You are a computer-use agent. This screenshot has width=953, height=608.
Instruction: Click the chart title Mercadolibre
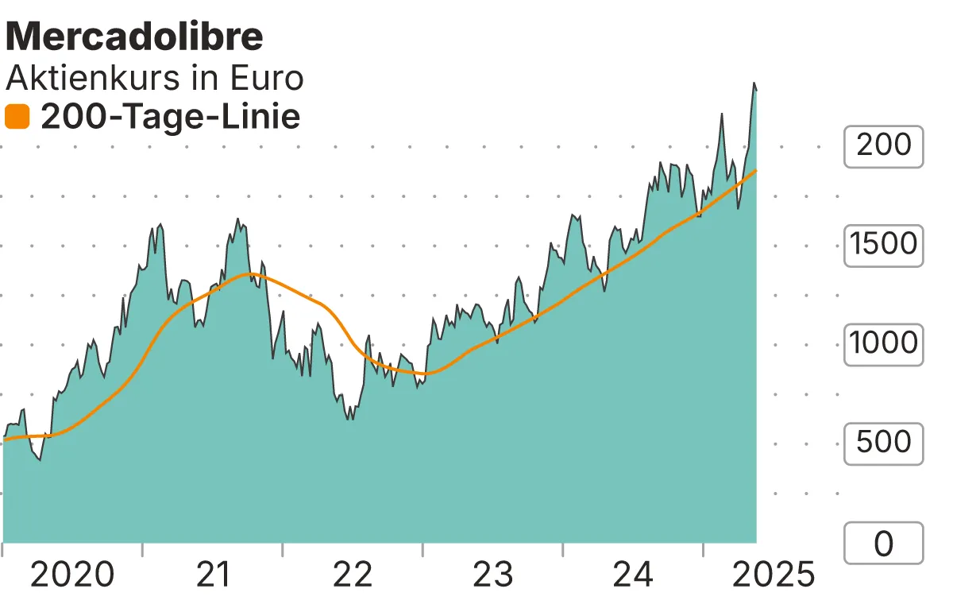(134, 37)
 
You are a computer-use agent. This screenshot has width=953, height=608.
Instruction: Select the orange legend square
(17, 118)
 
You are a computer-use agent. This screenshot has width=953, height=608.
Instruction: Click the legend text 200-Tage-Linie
(170, 118)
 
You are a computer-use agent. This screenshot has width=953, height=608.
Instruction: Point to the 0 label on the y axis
(883, 544)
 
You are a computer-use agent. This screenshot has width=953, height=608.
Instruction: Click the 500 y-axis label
(883, 443)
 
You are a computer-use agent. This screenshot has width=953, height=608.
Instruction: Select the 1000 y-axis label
(883, 344)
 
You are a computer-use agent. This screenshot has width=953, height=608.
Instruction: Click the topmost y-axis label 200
(883, 145)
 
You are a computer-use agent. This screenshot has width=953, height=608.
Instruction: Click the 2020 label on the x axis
(72, 575)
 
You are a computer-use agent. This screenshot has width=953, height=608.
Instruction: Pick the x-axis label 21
(212, 575)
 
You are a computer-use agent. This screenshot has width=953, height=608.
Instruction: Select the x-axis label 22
(353, 575)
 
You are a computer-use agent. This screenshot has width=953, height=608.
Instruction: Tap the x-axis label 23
(492, 575)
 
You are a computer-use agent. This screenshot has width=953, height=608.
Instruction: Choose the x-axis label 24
(633, 575)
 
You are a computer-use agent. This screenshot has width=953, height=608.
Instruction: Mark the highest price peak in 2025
(754, 83)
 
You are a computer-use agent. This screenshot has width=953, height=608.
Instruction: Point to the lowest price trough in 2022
(350, 419)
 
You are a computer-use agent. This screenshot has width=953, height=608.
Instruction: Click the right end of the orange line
(756, 170)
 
